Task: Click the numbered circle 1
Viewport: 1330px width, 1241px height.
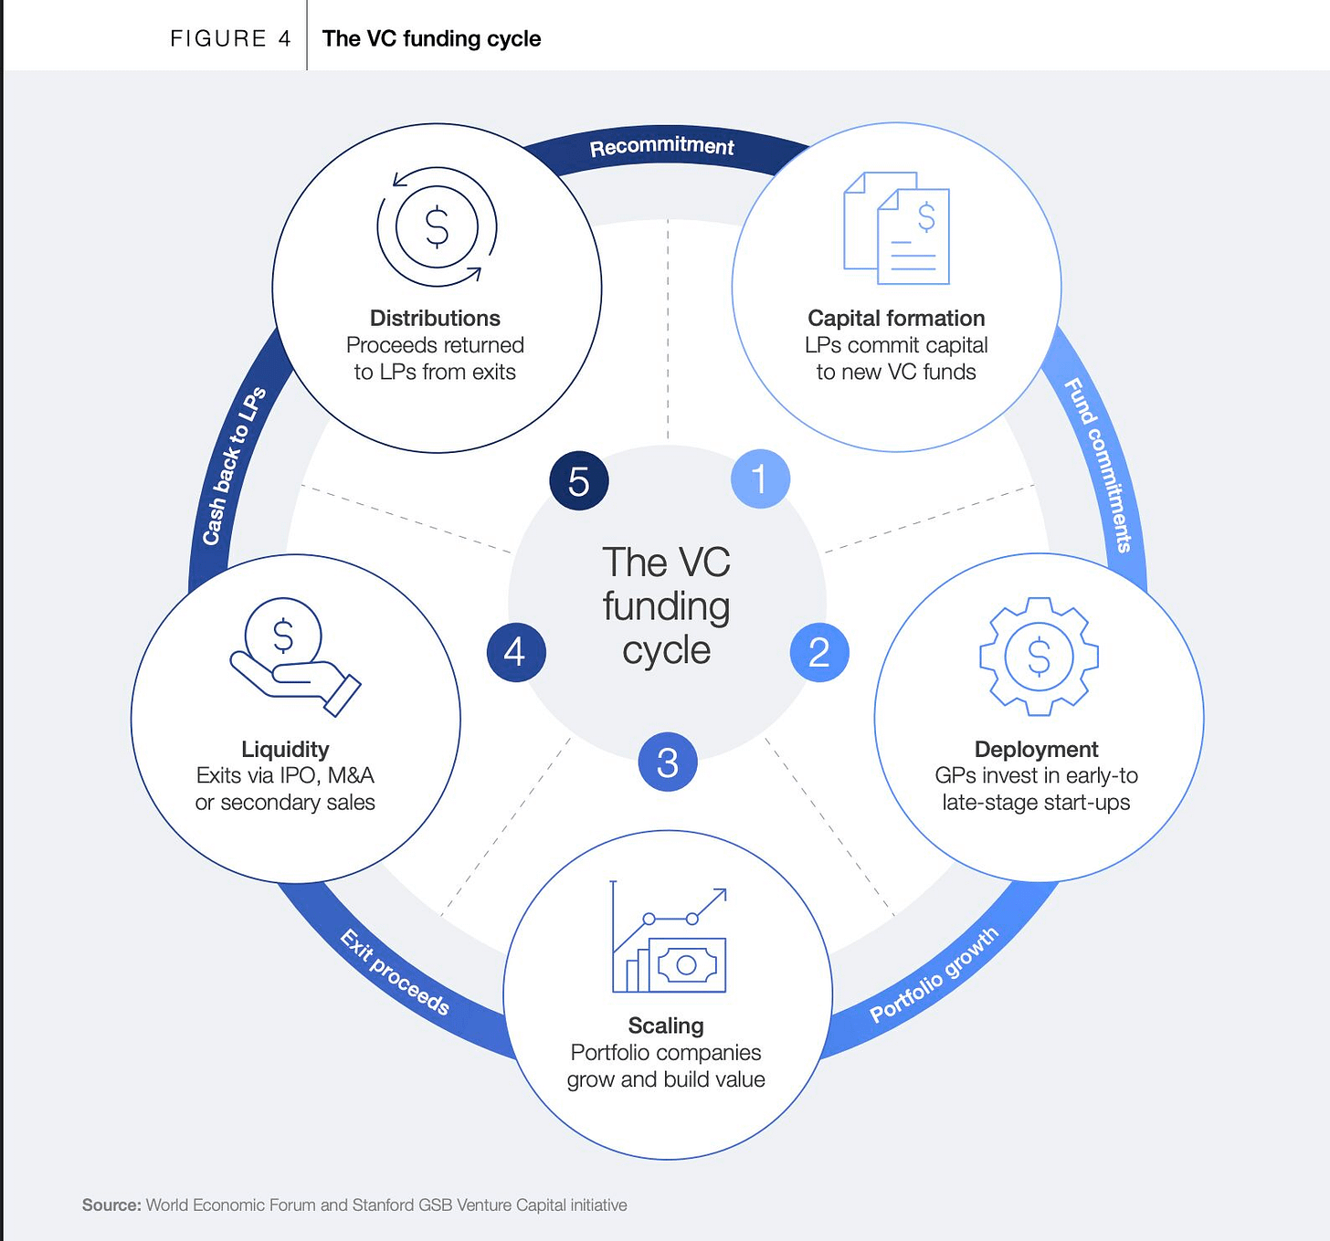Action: click(760, 479)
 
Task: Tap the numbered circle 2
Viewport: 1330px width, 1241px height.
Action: click(819, 652)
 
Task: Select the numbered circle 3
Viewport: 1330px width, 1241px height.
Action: click(668, 762)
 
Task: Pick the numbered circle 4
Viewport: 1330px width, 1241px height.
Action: click(516, 652)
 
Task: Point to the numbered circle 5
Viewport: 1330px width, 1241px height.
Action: click(578, 481)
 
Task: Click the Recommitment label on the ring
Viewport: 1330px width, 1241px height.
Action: click(661, 147)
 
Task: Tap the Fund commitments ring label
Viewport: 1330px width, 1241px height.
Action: click(1098, 465)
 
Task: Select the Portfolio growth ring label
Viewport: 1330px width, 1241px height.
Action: click(934, 975)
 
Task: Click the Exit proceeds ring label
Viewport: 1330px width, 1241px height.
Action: click(395, 972)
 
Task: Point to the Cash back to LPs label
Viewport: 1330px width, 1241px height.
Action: click(235, 466)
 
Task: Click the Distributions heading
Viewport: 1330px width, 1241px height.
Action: click(436, 318)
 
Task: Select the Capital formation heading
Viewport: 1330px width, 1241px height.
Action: click(896, 318)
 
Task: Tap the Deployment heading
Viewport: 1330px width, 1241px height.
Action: click(1036, 749)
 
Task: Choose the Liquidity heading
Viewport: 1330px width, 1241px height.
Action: click(285, 749)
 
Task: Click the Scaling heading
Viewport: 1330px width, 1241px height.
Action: click(666, 1025)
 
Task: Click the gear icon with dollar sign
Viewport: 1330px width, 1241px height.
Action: click(1039, 657)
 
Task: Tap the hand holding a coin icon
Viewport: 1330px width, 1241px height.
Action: click(295, 657)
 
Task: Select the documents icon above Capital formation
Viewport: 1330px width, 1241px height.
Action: click(896, 227)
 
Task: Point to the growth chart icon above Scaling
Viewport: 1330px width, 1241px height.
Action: click(669, 936)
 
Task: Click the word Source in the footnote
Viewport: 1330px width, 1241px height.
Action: click(111, 1204)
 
